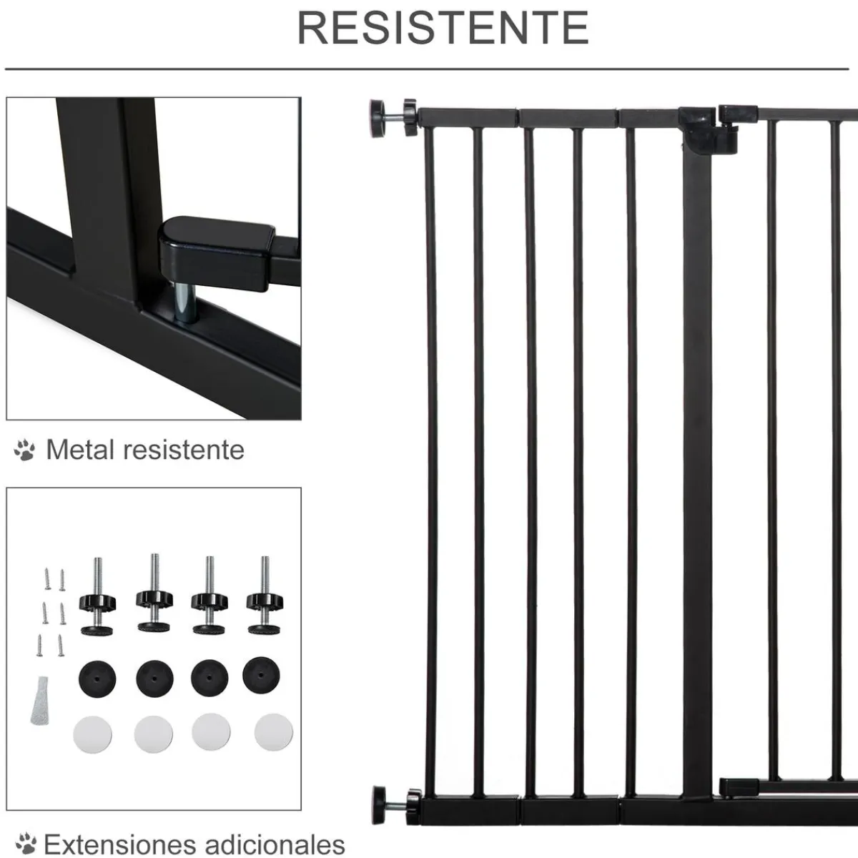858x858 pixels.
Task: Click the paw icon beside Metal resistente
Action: tap(24, 450)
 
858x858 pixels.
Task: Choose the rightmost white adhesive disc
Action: tap(273, 735)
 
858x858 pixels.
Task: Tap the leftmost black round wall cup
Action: tap(96, 676)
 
